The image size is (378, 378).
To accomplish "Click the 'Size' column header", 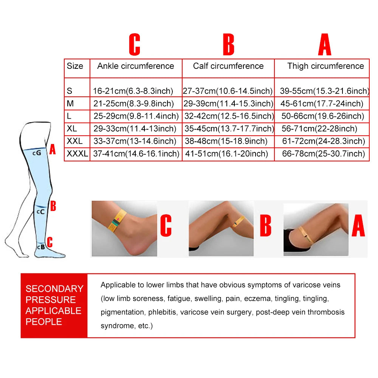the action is [75, 66].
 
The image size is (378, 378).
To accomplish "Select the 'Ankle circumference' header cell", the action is [135, 66].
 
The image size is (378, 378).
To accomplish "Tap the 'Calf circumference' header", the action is [228, 66].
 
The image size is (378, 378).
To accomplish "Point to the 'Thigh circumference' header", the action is [325, 66].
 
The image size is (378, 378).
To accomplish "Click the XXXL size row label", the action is [77, 153].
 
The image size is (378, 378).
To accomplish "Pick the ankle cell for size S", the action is [133, 91].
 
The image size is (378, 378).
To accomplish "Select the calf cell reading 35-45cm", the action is [229, 129].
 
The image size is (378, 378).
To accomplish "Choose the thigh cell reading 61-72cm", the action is [324, 141].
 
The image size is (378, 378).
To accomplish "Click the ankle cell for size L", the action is [136, 116].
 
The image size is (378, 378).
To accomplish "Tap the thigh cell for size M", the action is [322, 104].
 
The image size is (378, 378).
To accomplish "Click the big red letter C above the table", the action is [135, 44].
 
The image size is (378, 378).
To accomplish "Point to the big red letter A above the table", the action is [325, 44].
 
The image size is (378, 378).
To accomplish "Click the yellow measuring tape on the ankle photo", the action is [116, 221].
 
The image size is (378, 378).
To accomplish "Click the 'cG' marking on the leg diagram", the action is [37, 153].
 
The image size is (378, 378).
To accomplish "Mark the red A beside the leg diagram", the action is [53, 149].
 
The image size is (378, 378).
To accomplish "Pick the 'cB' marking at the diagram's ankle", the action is [41, 247].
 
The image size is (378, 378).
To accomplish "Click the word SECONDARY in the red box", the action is [54, 289].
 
